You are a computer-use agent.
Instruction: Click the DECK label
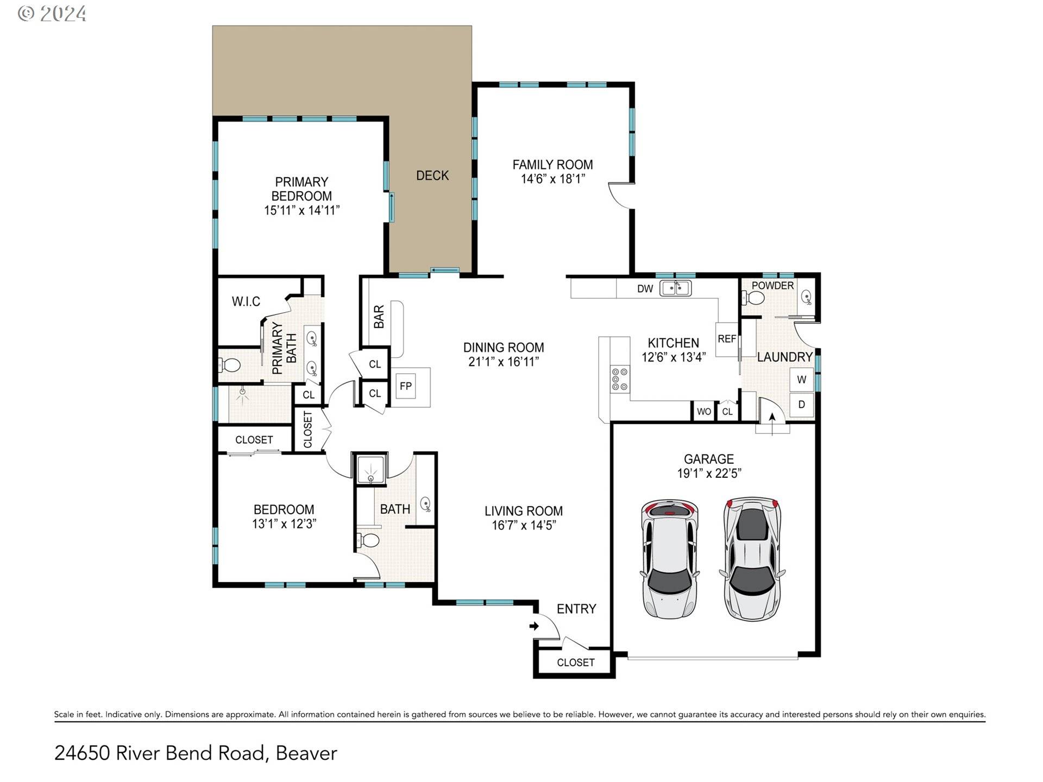[x=432, y=175]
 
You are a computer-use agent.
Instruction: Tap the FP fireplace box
[x=406, y=386]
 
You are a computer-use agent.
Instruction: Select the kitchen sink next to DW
[x=675, y=288]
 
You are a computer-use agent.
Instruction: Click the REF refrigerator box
[x=727, y=339]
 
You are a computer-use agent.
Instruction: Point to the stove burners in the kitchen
[x=620, y=379]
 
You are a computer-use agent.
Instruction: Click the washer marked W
[x=801, y=379]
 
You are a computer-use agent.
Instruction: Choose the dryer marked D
[x=801, y=405]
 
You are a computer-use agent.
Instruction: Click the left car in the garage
[x=670, y=559]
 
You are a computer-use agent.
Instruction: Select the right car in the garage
[x=752, y=558]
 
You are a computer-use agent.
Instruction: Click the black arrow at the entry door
[x=534, y=626]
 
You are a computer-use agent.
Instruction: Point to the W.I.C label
[x=246, y=301]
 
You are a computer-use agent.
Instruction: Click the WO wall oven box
[x=703, y=411]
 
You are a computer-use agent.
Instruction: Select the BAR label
[x=379, y=317]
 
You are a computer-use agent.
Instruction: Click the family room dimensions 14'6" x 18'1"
[x=552, y=179]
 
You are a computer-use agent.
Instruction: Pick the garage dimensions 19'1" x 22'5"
[x=709, y=474]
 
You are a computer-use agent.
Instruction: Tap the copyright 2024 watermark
[x=52, y=13]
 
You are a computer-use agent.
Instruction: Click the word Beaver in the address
[x=306, y=753]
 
